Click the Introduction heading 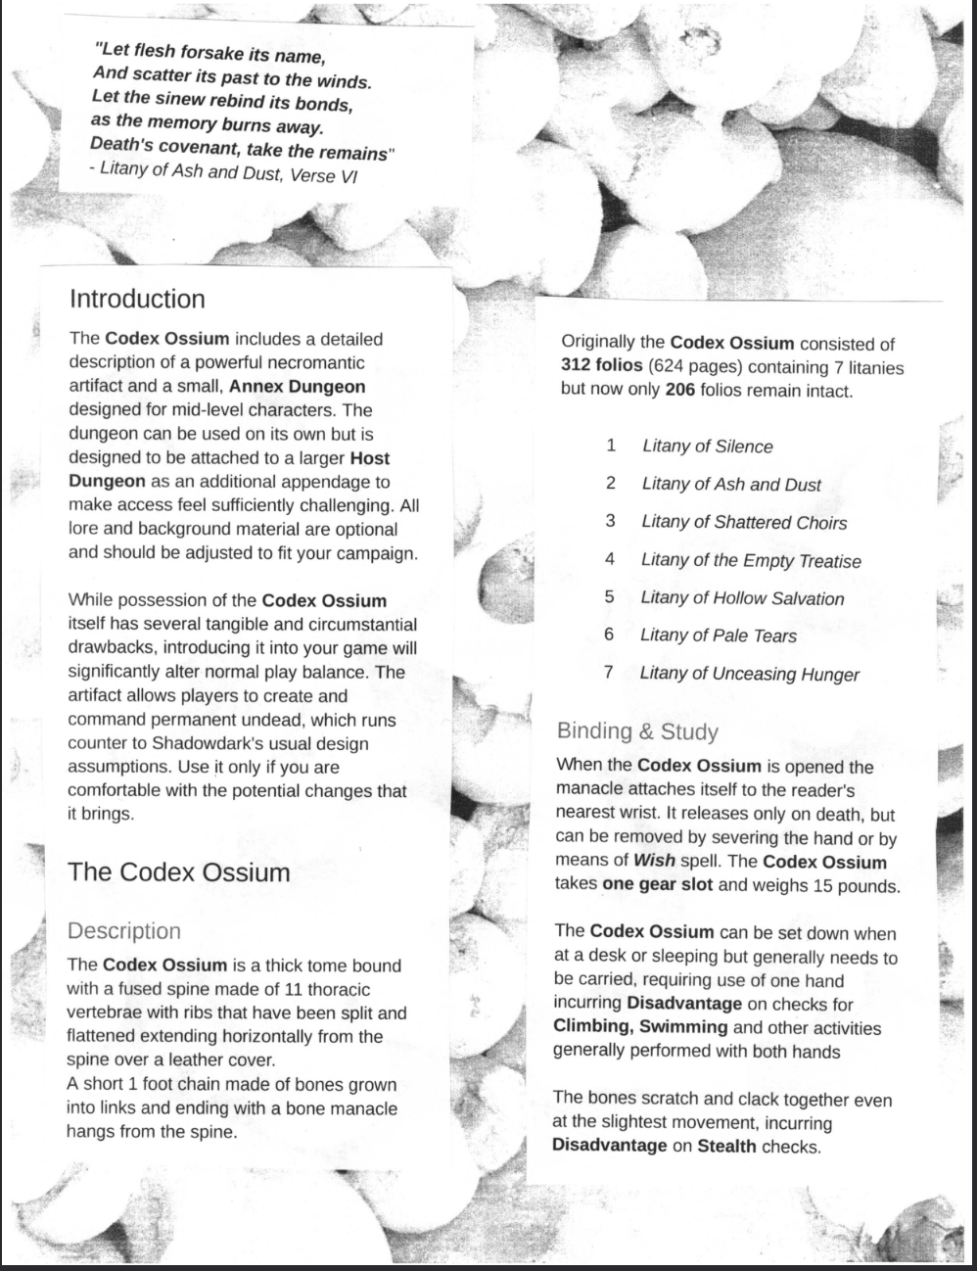pos(137,300)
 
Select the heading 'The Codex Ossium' pos(178,872)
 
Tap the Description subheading pos(123,931)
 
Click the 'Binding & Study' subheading pos(637,731)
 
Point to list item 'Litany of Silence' pos(707,447)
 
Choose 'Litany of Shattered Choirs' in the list pos(744,523)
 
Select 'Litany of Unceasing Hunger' pos(749,674)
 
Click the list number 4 pos(609,559)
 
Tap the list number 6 pos(608,635)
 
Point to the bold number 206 pos(680,391)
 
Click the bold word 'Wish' pos(654,862)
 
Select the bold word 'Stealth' pos(726,1146)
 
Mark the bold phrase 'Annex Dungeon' pos(297,387)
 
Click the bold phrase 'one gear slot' pos(657,885)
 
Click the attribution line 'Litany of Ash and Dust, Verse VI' pos(229,174)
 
